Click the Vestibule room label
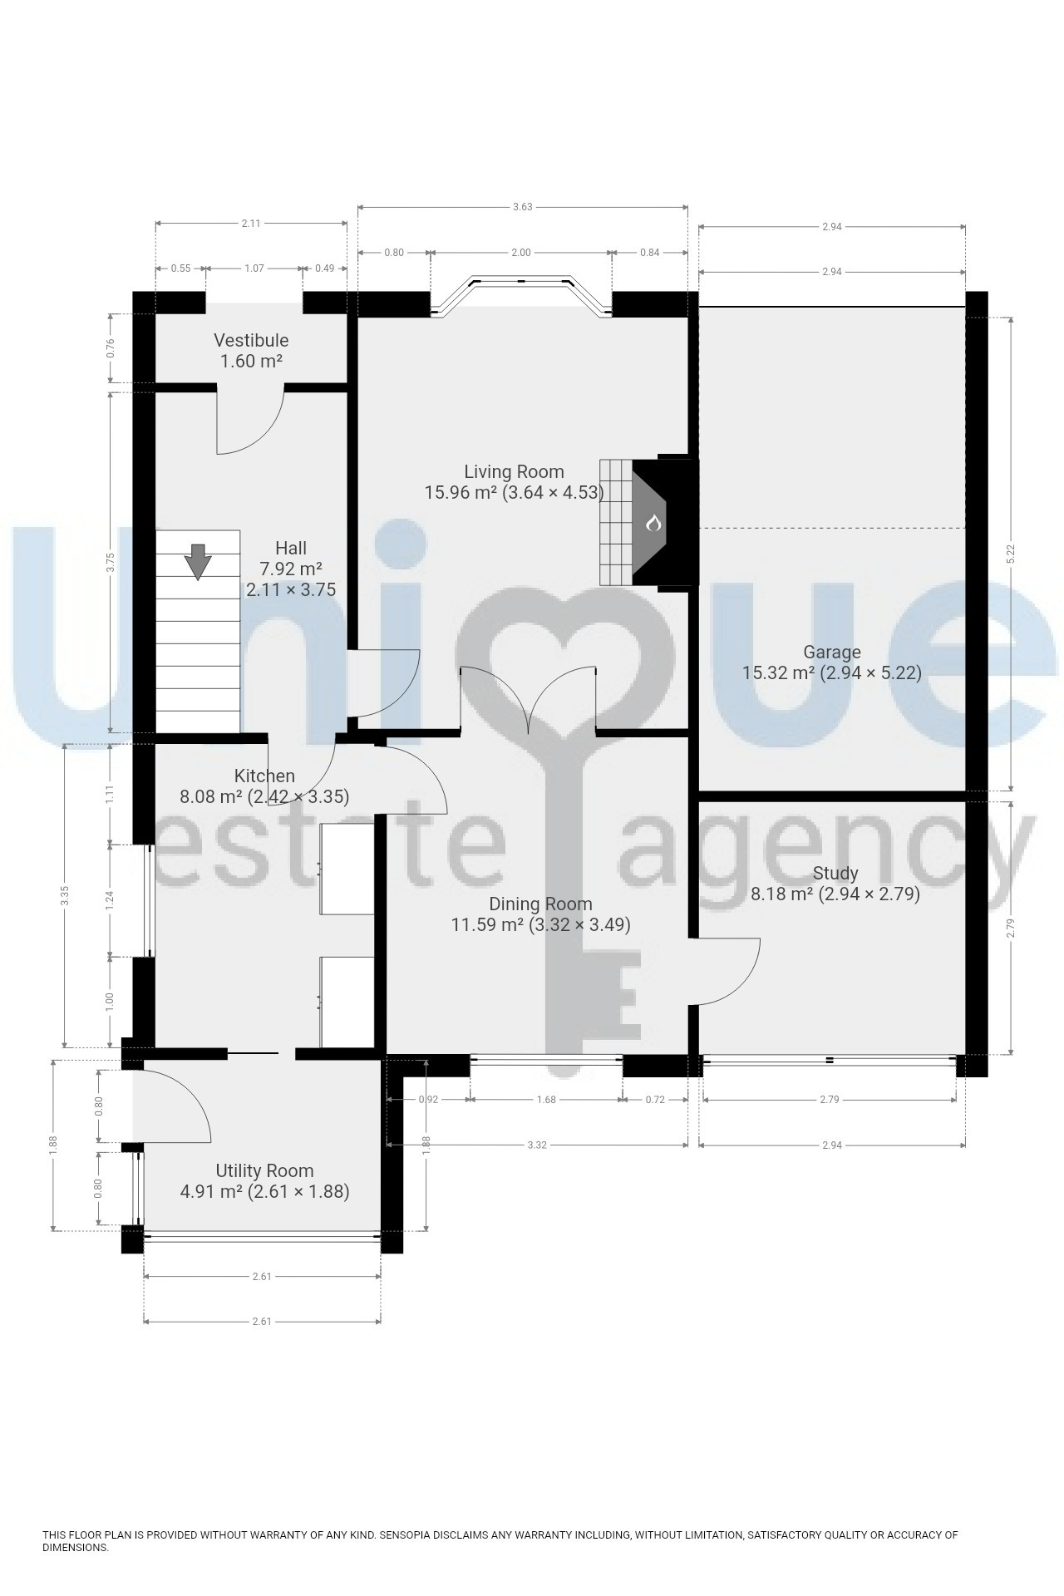[251, 340]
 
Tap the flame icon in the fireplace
[653, 524]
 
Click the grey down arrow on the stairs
[198, 561]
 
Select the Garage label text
[831, 653]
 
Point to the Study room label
[835, 874]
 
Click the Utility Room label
[264, 1170]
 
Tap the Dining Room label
[540, 904]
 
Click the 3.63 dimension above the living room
[522, 207]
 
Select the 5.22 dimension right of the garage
[1011, 554]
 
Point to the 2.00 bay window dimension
[520, 253]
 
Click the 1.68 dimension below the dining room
[545, 1099]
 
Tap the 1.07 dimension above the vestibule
[254, 268]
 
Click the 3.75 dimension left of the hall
[111, 563]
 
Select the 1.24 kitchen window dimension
[110, 900]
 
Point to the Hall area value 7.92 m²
[291, 569]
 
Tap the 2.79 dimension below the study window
[829, 1099]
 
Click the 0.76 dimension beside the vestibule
[111, 348]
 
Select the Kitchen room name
[264, 776]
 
